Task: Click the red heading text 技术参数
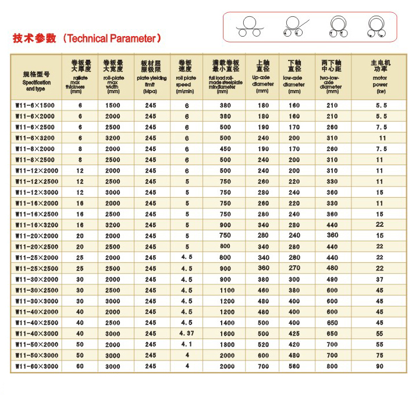34,39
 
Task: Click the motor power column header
381,76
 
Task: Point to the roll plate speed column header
186,76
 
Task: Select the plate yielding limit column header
151,76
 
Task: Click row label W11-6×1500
37,105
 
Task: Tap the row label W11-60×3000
37,366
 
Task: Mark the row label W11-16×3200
37,225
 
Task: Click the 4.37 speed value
186,333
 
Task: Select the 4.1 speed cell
186,344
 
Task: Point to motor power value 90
381,366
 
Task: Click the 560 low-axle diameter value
294,366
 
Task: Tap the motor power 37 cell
381,279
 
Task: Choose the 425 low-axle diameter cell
294,334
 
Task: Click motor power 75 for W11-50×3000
381,355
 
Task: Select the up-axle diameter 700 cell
263,366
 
